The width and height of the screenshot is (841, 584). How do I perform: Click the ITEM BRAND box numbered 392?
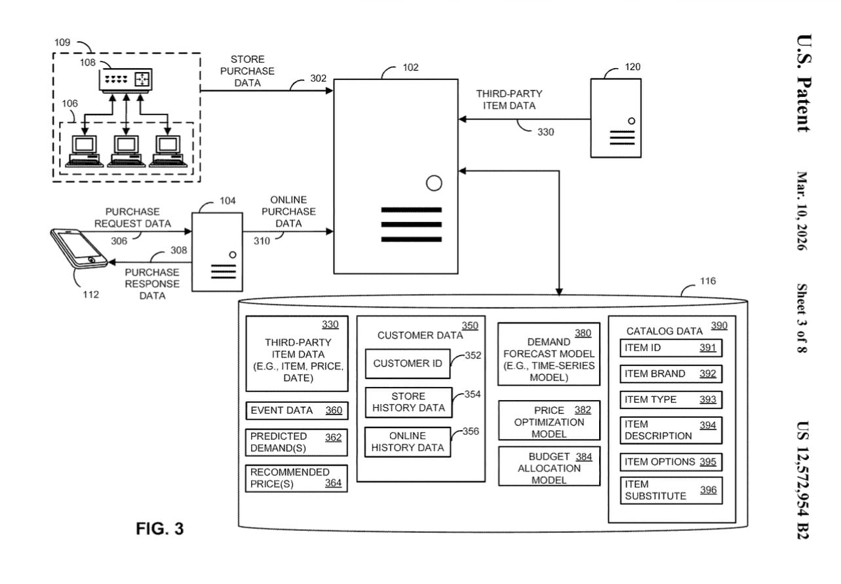[671, 374]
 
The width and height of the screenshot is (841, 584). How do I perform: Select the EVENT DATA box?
[296, 411]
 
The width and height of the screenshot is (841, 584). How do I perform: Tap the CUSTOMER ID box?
[408, 364]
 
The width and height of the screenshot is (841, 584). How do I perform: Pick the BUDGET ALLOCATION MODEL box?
[549, 467]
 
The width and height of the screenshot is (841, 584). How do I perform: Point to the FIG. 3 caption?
[160, 529]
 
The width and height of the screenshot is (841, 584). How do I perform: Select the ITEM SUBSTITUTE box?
[671, 490]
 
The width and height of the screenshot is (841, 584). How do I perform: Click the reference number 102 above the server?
[410, 67]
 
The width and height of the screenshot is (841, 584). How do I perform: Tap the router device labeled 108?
[125, 80]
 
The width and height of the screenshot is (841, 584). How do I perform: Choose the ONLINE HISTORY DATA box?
[408, 442]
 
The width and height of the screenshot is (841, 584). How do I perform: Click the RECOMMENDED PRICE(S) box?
[296, 478]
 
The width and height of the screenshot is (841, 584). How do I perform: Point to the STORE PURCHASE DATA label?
[247, 71]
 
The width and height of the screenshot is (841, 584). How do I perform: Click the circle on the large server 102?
[434, 183]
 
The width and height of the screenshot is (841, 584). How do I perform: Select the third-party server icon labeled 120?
[616, 118]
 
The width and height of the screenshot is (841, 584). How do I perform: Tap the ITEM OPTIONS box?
[671, 462]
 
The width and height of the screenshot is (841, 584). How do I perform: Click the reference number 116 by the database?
[707, 281]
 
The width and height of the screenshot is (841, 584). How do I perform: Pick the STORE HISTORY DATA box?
[408, 402]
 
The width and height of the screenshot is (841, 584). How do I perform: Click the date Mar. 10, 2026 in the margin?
[801, 211]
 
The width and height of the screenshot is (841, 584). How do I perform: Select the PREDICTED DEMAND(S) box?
[296, 443]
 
